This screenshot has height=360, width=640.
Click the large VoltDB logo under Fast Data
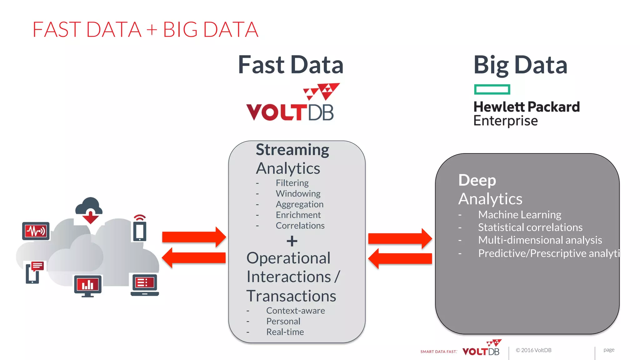click(x=290, y=103)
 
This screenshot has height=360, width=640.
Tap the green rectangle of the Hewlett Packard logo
click(x=492, y=89)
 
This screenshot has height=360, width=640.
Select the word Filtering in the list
click(x=292, y=183)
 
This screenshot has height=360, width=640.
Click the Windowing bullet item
click(x=298, y=193)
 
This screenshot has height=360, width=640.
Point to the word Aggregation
click(x=299, y=204)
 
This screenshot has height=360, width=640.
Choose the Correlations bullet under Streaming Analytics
click(x=300, y=226)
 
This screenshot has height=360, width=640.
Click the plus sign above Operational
click(x=292, y=241)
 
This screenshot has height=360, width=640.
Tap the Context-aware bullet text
click(x=295, y=311)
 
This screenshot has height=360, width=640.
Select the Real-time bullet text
click(x=285, y=332)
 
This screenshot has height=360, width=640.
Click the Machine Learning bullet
click(x=519, y=215)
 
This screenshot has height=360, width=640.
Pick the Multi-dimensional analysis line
click(x=540, y=240)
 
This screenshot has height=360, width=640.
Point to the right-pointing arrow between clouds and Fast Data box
click(x=194, y=237)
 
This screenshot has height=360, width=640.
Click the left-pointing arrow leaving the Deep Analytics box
click(x=400, y=258)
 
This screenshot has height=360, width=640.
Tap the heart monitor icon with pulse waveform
click(x=36, y=231)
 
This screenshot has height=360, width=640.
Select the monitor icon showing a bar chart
click(x=88, y=285)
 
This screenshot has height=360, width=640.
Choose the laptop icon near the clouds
click(x=145, y=285)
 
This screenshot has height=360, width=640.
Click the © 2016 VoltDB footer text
click(x=533, y=350)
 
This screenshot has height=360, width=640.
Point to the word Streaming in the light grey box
click(x=292, y=150)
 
